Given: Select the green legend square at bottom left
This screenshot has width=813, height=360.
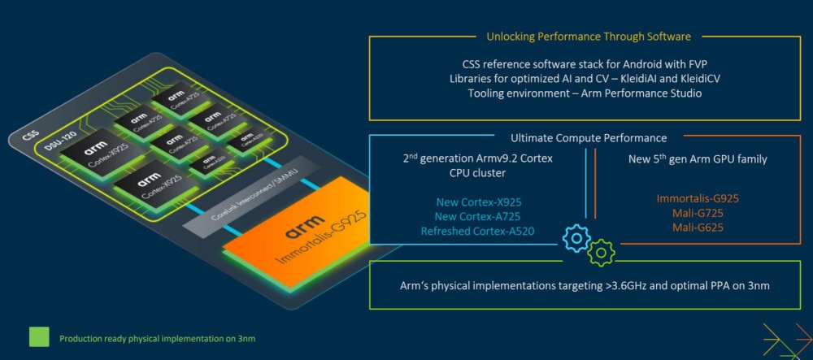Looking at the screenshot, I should coord(39,337).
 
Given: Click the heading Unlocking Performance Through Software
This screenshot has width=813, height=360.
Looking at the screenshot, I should coord(589,37).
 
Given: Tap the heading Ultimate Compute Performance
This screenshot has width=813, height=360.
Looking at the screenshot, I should coord(589,138).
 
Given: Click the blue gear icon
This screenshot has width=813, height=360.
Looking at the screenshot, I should coord(576,238).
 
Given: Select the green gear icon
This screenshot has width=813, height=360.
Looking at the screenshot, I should coord(601,252).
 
